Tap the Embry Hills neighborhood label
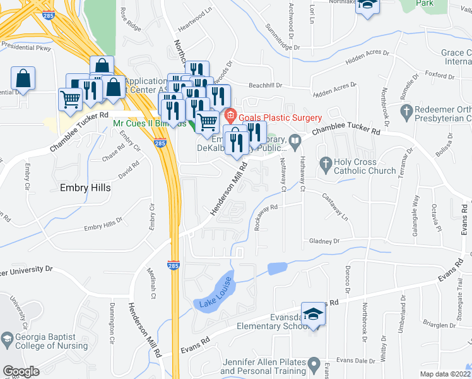[x=85, y=188]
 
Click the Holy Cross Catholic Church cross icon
[x=326, y=164]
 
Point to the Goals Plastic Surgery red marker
[x=230, y=117]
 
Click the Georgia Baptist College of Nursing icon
[x=6, y=338]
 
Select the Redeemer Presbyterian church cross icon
[x=407, y=113]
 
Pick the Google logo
[x=21, y=371]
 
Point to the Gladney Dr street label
[x=324, y=241]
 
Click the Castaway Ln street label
[x=336, y=207]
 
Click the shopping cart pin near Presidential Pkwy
[x=69, y=99]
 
